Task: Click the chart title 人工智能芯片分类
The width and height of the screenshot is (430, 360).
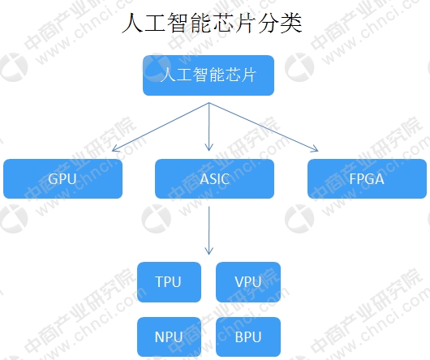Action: tap(212, 24)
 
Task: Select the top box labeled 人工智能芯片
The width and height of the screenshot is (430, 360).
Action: tap(209, 75)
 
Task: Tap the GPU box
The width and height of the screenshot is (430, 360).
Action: tap(62, 178)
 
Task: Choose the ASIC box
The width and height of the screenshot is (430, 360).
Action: tap(214, 178)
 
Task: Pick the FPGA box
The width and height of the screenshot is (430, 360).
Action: tap(367, 178)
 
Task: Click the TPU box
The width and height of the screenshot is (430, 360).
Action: tap(169, 282)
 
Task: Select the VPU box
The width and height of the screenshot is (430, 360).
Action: tap(248, 282)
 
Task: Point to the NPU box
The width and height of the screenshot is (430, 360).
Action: tap(169, 337)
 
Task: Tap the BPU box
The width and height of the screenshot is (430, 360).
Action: tap(248, 337)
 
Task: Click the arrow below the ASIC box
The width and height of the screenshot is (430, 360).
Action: tap(209, 230)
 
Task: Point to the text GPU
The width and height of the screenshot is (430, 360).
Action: tap(62, 179)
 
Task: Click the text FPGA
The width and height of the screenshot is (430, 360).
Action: tap(367, 179)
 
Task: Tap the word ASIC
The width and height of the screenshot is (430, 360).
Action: tap(214, 179)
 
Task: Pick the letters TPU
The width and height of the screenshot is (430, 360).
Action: tap(168, 282)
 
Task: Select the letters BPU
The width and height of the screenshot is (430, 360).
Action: tap(248, 337)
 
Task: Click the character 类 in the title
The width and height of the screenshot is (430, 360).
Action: tap(291, 24)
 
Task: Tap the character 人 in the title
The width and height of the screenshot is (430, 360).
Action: tap(133, 24)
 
